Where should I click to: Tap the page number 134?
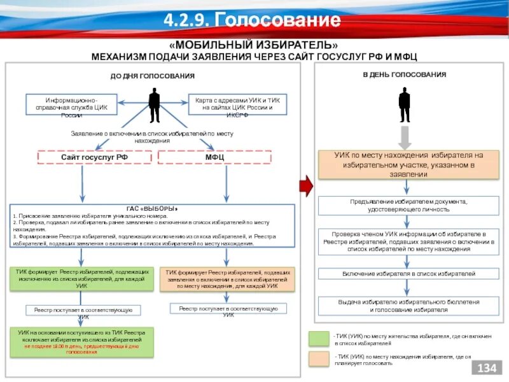pyautogui.click(x=485, y=369)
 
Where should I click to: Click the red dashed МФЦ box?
pyautogui.click(x=214, y=157)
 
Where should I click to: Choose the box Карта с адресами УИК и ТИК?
pyautogui.click(x=238, y=108)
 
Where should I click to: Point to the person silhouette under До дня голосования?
pyautogui.click(x=154, y=104)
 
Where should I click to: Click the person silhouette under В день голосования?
pyautogui.click(x=405, y=104)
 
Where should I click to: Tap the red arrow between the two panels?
pyautogui.click(x=306, y=185)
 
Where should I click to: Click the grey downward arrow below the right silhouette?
pyautogui.click(x=405, y=137)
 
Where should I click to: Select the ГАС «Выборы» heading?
pyautogui.click(x=152, y=208)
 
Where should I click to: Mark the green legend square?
pyautogui.click(x=319, y=339)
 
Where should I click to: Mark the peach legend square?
pyautogui.click(x=319, y=360)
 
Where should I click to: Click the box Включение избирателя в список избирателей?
pyautogui.click(x=408, y=274)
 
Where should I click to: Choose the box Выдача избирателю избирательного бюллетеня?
pyautogui.click(x=408, y=306)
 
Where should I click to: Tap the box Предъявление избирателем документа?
pyautogui.click(x=408, y=205)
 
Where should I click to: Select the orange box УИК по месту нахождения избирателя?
pyautogui.click(x=408, y=164)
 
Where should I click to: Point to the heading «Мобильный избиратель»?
pyautogui.click(x=254, y=46)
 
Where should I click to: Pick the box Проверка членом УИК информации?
pyautogui.click(x=408, y=242)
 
